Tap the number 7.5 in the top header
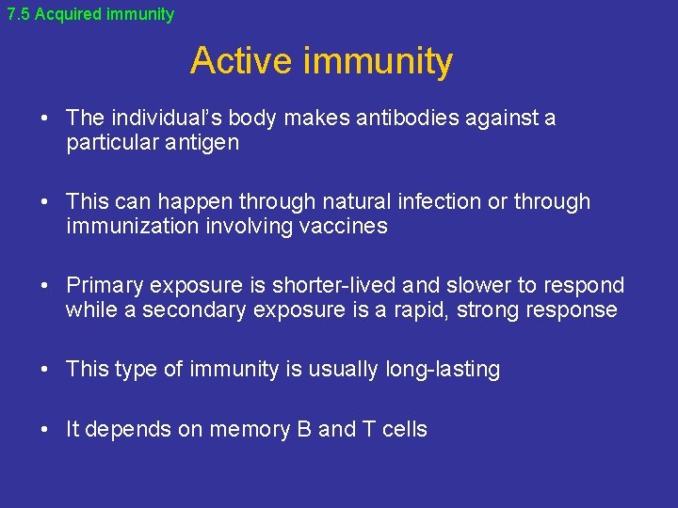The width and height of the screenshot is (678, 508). tap(19, 14)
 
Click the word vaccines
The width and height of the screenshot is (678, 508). tap(344, 227)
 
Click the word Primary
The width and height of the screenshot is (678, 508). tap(105, 285)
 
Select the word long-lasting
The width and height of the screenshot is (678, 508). tap(443, 370)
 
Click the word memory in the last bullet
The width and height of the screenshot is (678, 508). tap(249, 430)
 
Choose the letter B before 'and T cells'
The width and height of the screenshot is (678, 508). tap(304, 430)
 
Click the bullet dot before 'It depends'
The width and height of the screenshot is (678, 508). tap(45, 430)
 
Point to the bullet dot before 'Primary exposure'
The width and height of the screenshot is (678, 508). tap(45, 286)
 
